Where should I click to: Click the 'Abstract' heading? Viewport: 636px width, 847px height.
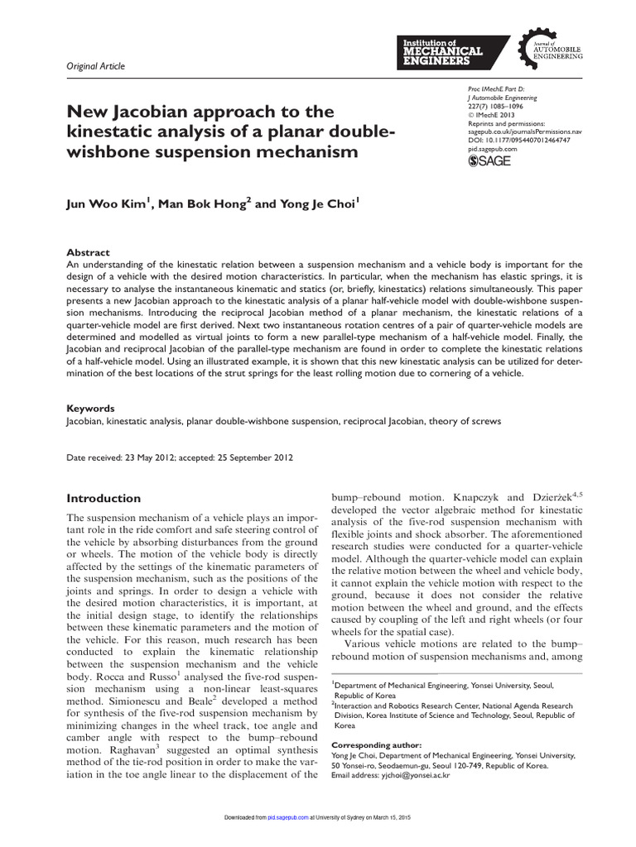[88, 252]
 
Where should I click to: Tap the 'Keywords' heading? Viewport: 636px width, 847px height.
[90, 409]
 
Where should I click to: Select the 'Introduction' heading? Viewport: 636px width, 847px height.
[104, 498]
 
